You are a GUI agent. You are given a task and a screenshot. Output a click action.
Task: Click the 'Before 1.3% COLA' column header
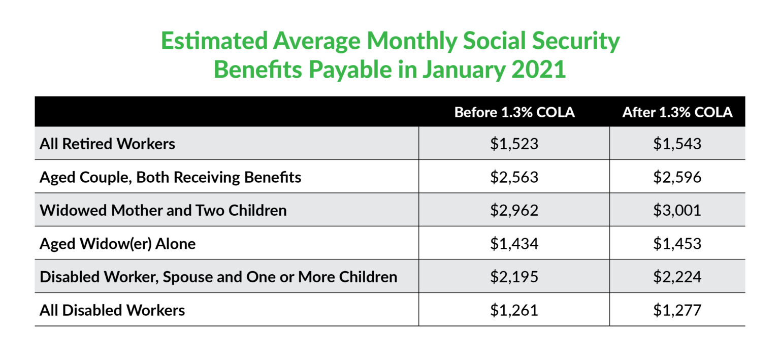click(514, 112)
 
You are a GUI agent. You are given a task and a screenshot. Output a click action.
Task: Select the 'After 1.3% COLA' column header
click(677, 112)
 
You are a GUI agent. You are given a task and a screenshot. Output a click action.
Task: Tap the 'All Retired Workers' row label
click(107, 144)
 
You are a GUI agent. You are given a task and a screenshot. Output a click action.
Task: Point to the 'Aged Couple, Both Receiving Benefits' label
click(170, 177)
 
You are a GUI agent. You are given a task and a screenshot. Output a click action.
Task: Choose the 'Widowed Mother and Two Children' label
click(163, 210)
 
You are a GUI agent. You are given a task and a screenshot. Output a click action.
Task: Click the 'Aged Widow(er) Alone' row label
click(117, 244)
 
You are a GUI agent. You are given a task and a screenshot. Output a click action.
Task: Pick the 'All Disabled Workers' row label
click(112, 310)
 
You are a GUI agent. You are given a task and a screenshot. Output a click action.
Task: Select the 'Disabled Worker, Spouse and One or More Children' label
click(218, 277)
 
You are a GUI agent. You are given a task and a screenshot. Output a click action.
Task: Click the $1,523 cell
click(514, 144)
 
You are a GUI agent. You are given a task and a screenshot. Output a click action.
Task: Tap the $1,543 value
click(677, 144)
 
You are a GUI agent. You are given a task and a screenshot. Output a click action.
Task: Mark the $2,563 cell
click(514, 177)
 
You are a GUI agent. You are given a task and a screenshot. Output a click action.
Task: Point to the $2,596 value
click(677, 177)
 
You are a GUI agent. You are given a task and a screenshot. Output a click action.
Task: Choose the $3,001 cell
click(677, 210)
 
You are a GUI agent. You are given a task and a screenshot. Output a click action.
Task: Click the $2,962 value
click(514, 210)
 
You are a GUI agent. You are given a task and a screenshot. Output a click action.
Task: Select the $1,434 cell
click(514, 244)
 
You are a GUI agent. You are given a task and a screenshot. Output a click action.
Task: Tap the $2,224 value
click(677, 277)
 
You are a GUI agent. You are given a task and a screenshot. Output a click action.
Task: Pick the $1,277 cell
click(677, 310)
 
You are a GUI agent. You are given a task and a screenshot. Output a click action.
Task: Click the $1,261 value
click(514, 310)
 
